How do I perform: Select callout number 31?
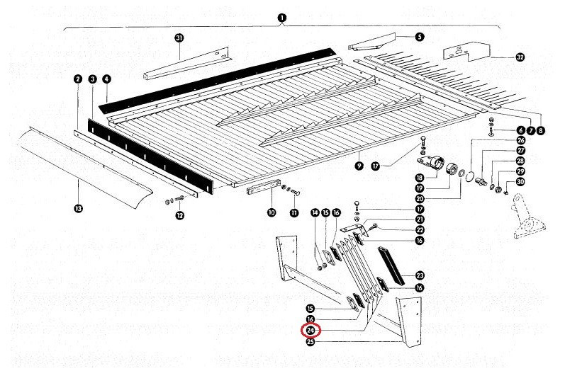pyautogui.click(x=179, y=38)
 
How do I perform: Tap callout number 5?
pyautogui.click(x=419, y=36)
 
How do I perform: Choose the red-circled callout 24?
pyautogui.click(x=311, y=331)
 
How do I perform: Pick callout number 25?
pyautogui.click(x=311, y=341)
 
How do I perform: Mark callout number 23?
pyautogui.click(x=420, y=276)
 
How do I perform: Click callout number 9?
pyautogui.click(x=359, y=165)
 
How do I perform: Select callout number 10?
pyautogui.click(x=271, y=212)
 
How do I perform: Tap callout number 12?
pyautogui.click(x=179, y=215)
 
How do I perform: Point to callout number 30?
pyautogui.click(x=521, y=181)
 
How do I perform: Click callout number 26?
pyautogui.click(x=521, y=140)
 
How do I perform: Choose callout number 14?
pyautogui.click(x=315, y=213)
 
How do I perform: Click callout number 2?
pyautogui.click(x=78, y=80)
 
